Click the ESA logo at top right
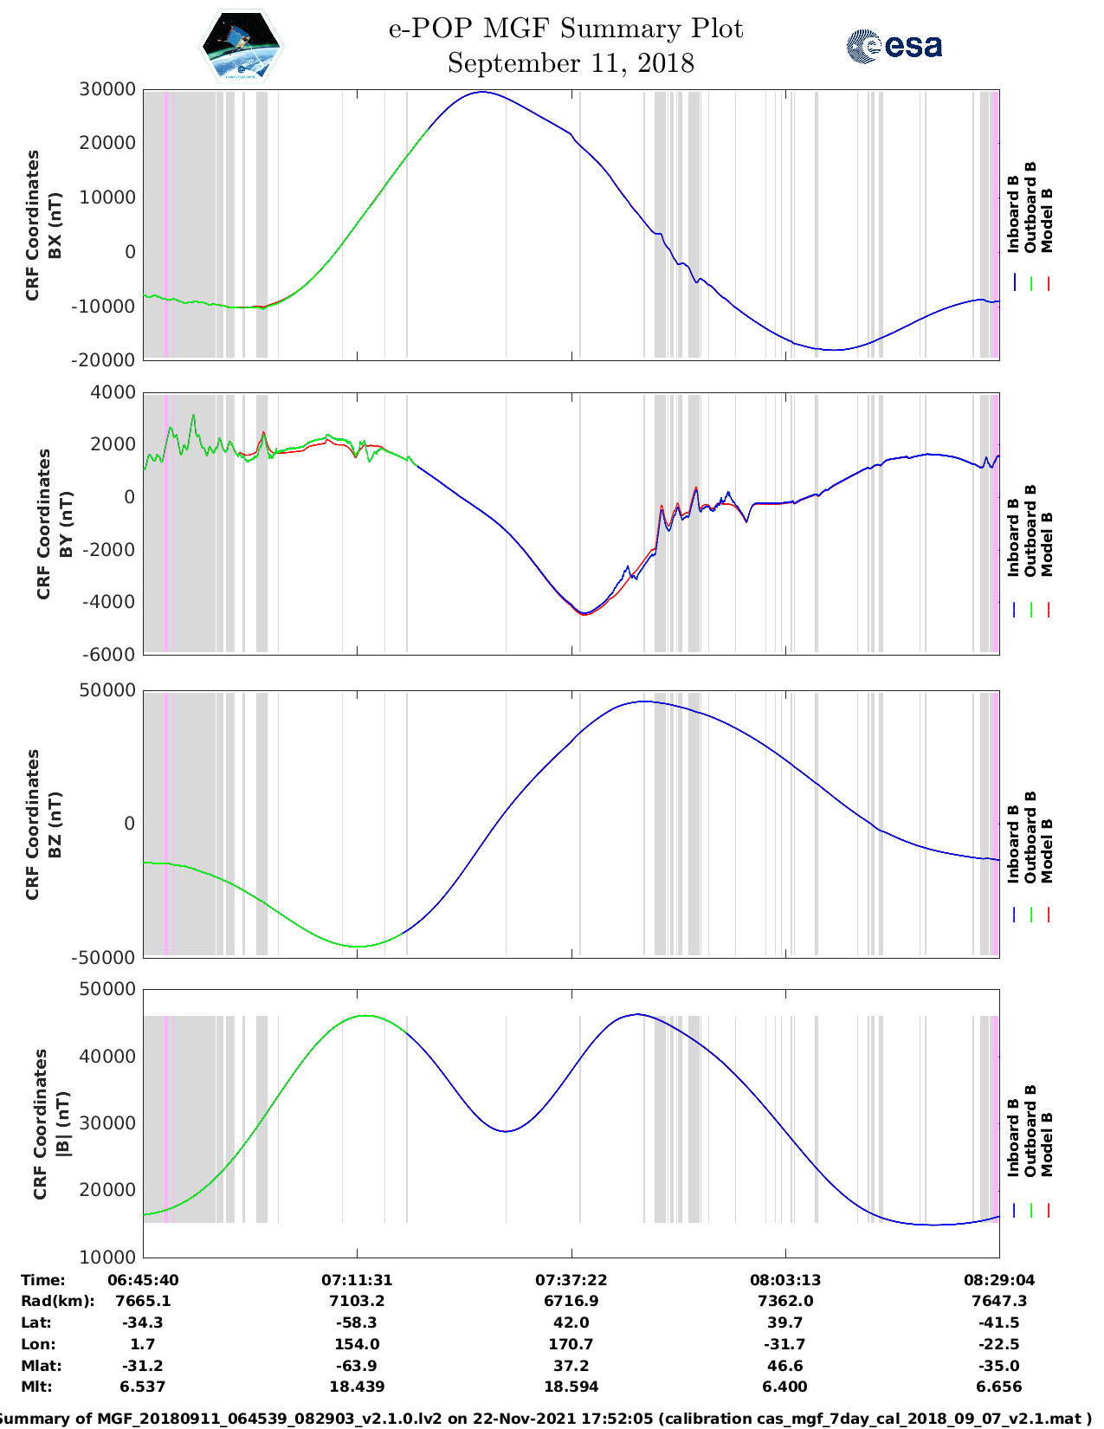894,45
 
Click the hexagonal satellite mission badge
242,46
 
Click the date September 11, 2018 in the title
571,63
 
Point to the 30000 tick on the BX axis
107,89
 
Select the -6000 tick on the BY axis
109,654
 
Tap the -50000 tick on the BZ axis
107,957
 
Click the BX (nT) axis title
55,225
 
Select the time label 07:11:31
357,1279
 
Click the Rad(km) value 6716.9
571,1301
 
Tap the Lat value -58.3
357,1322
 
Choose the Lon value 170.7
571,1344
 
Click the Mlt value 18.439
357,1387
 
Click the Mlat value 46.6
785,1366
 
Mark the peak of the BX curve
481,92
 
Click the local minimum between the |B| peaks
507,1131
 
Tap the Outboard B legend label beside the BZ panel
1030,837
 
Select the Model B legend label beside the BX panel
1047,220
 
